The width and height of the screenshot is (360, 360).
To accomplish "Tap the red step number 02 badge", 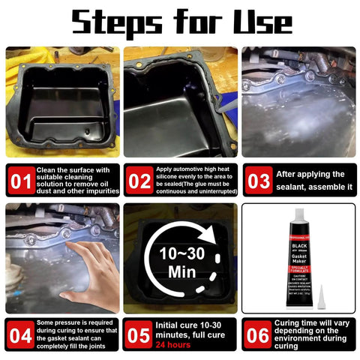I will click(139, 180).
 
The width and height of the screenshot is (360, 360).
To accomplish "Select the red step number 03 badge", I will click(257, 180).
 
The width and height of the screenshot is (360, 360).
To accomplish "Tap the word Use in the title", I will click(277, 22).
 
